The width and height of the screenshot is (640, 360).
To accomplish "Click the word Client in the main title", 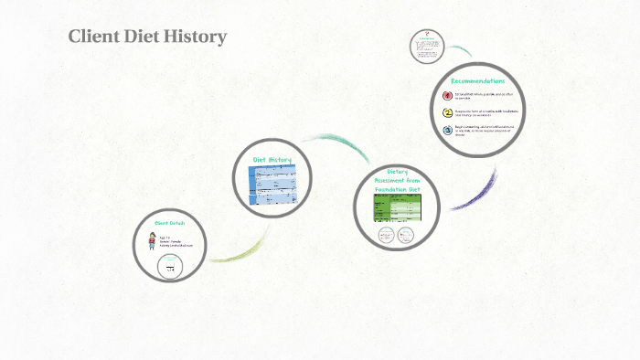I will coord(94,37).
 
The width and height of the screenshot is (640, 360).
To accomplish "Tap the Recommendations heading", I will coord(477,80).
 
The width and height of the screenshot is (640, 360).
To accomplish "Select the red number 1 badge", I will coord(447,95).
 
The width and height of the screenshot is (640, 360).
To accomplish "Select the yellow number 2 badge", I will coord(447,113).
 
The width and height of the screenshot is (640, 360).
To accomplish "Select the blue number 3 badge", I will coord(447,131).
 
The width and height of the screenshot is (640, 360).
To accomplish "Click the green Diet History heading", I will coord(273,160).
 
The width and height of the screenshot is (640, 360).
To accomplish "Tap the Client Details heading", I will coord(171,223).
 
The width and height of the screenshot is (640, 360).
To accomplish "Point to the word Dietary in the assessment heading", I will coord(397,171).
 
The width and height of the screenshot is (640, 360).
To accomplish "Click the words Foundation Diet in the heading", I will coord(397,189).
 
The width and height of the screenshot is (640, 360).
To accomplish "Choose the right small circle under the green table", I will coord(407,236).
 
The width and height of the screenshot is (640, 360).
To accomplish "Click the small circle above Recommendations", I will coord(426,47).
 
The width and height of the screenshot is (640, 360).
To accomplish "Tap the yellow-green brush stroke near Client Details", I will coord(242,249).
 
